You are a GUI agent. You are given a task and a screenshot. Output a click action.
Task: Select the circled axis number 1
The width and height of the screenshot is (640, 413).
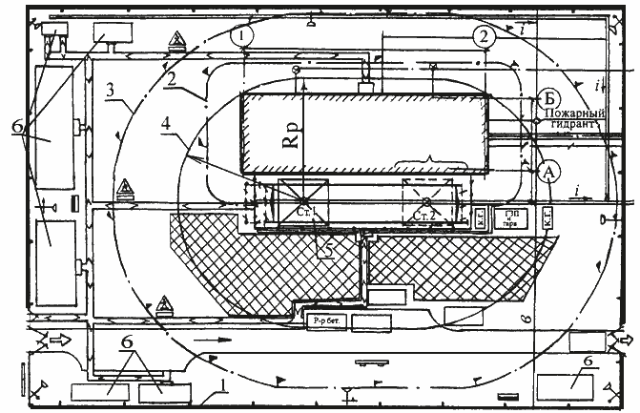coord(246,34)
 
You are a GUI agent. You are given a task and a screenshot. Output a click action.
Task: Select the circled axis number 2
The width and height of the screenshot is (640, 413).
coord(484,36)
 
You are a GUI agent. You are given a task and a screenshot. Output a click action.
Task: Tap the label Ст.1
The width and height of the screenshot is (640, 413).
coord(304,210)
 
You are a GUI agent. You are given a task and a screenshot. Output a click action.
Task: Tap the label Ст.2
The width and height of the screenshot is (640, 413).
coord(423,217)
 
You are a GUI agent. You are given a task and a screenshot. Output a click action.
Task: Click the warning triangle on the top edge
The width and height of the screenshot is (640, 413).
coord(176,39)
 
